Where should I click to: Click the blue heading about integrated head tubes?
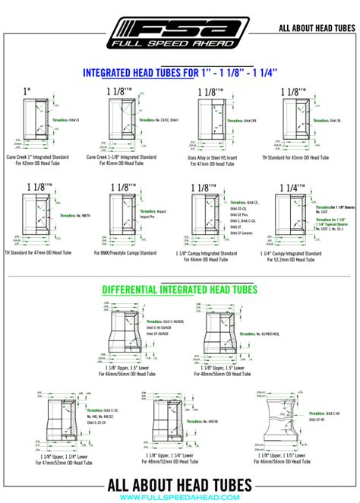point(179,74)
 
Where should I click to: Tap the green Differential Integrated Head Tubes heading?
point(180,289)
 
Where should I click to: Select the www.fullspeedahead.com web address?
point(180,498)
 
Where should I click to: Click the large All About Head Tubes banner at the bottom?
point(180,485)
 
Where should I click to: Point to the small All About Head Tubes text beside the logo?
point(317,28)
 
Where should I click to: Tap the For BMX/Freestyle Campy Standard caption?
point(125,252)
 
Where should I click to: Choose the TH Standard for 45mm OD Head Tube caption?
point(302,157)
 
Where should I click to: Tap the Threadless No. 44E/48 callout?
point(199,420)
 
